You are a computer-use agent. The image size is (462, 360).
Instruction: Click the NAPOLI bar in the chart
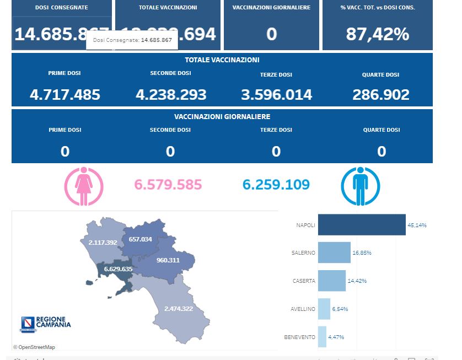[x=362, y=225]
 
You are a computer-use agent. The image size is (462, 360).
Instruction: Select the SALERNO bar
[x=334, y=252]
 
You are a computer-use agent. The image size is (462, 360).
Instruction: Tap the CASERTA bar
[x=332, y=281]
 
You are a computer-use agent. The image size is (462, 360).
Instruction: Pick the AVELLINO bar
[x=324, y=309]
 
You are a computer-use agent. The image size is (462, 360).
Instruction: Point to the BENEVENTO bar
[x=322, y=337]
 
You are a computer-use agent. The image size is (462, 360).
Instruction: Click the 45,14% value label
[x=417, y=225]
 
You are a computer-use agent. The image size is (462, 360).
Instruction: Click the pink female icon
[x=84, y=186]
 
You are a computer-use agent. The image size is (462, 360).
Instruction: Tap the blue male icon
[x=360, y=186]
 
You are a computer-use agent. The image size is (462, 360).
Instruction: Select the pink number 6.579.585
[x=168, y=185]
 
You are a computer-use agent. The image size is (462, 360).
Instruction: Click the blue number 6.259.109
[x=276, y=185]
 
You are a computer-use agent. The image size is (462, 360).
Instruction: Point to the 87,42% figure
[x=378, y=34]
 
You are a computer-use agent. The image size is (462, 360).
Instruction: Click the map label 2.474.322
[x=178, y=308]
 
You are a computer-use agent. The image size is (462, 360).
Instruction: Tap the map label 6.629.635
[x=118, y=269]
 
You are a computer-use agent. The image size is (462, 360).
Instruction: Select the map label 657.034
[x=140, y=239]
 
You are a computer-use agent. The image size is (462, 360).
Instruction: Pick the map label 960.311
[x=168, y=260]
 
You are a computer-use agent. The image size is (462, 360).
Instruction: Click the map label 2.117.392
[x=103, y=242]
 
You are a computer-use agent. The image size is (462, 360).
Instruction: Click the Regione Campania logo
[x=46, y=323]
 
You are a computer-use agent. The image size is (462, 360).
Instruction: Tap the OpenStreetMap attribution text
[x=34, y=347]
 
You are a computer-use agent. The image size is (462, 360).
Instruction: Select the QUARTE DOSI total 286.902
[x=381, y=95]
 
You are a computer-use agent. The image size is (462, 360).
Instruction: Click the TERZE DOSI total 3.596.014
[x=276, y=95]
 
